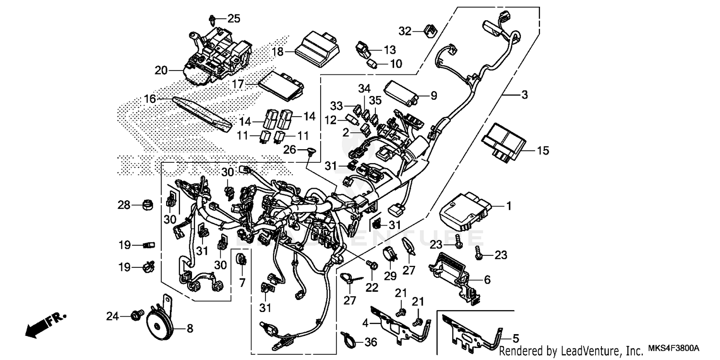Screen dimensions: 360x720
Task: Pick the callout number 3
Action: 524,95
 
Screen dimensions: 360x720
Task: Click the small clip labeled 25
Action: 212,20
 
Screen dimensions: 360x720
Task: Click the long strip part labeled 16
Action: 202,114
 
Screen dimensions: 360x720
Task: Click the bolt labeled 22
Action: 371,264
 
